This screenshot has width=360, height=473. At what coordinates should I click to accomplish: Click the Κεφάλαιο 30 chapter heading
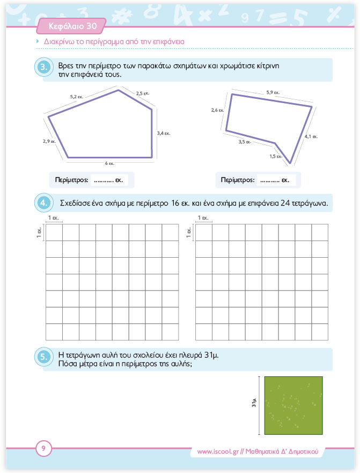coord(72,25)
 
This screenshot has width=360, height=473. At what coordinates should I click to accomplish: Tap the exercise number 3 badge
coord(45,67)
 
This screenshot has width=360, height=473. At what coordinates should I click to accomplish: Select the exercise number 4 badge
coord(45,203)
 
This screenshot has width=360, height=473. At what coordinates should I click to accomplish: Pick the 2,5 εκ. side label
coord(143,93)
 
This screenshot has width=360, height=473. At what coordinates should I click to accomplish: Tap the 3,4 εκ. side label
coord(164,133)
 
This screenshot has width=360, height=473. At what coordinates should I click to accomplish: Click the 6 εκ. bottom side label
coord(109,163)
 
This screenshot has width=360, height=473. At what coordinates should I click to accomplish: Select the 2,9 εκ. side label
coord(49,141)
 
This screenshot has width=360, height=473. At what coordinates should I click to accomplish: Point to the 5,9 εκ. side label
coord(273,93)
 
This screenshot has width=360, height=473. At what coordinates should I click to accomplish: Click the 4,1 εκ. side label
coord(311,136)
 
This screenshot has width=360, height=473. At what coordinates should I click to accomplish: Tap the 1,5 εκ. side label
coord(276,156)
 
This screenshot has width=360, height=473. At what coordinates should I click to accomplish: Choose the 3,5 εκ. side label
coord(245,142)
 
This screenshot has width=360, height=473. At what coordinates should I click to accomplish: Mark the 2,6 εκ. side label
coord(218,110)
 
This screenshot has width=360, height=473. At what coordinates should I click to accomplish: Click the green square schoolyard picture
coord(293,405)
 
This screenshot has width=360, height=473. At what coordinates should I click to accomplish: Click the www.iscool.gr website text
coord(217,452)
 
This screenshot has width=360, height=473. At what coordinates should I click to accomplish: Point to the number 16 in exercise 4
coord(177,203)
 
